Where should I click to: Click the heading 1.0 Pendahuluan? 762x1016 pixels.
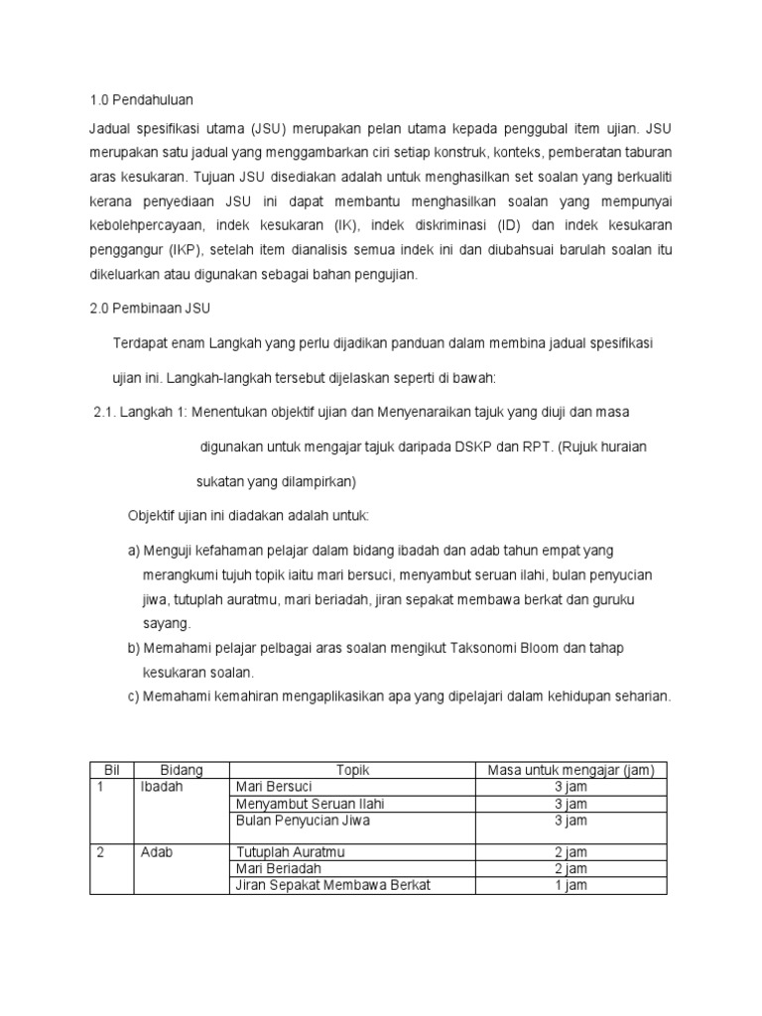(137, 100)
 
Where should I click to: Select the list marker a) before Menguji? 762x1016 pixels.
(134, 551)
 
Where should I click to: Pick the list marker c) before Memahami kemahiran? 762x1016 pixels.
(134, 697)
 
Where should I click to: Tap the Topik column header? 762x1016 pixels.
(352, 770)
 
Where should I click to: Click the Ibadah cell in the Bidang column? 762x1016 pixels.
(163, 787)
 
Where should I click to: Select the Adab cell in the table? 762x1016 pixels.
(158, 852)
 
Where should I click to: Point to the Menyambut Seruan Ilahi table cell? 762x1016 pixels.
(310, 804)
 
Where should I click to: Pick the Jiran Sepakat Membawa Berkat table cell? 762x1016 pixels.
(332, 885)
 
